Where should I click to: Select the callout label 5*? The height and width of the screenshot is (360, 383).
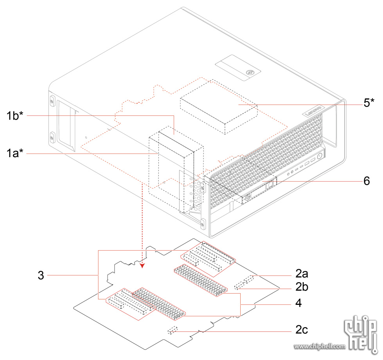tap(369, 104)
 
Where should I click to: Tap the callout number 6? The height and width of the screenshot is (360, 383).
tap(367, 182)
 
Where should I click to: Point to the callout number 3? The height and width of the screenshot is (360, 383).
tap(41, 275)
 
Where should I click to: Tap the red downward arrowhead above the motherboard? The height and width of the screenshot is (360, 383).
tap(142, 266)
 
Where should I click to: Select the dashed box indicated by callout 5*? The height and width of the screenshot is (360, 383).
tap(218, 107)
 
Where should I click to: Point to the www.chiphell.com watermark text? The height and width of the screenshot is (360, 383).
tap(320, 346)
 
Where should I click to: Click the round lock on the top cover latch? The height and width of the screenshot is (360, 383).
tap(249, 72)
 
